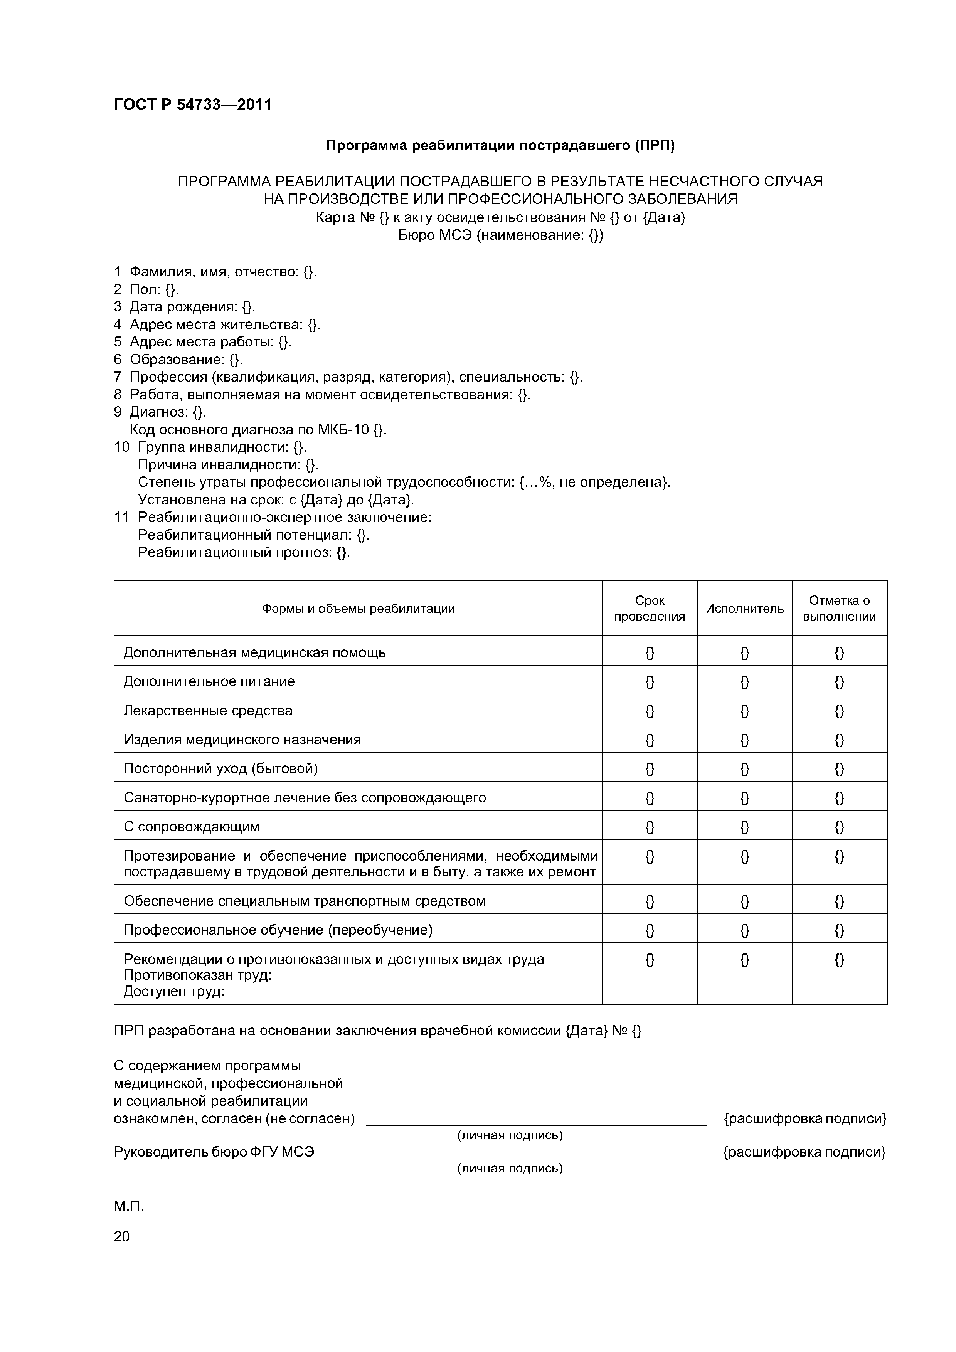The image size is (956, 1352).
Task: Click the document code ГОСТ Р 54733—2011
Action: point(193,105)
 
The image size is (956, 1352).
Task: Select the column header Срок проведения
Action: point(649,608)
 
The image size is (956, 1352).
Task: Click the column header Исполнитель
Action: point(744,608)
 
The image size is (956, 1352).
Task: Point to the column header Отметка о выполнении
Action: point(839,608)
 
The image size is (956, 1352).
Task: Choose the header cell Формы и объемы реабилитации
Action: point(358,608)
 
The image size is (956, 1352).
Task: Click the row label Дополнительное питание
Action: point(209,681)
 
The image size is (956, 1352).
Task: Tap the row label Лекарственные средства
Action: point(208,710)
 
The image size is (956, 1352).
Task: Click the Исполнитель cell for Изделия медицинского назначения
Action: point(744,740)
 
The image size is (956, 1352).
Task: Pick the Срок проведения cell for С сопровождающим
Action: point(649,827)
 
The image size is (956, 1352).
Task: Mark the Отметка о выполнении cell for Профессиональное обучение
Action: point(839,930)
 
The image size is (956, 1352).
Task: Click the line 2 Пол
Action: point(146,289)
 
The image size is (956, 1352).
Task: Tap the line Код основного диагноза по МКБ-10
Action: point(258,430)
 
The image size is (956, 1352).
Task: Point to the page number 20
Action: point(121,1237)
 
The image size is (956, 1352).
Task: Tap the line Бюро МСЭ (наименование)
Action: point(501,235)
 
